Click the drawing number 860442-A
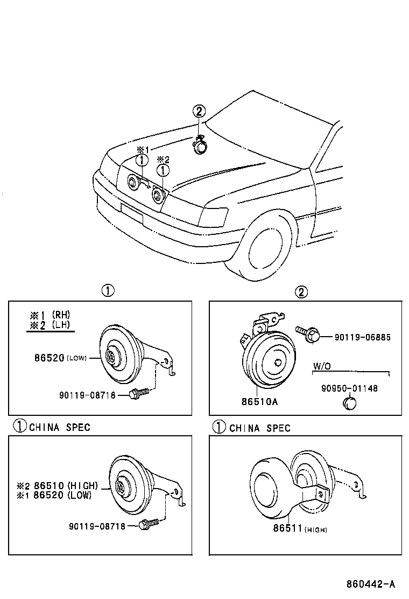tap(371, 584)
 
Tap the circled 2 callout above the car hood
tap(199, 112)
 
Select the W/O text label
tap(322, 366)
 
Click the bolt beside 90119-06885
tap(308, 333)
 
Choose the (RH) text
tap(61, 315)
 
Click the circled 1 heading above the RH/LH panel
tap(108, 291)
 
